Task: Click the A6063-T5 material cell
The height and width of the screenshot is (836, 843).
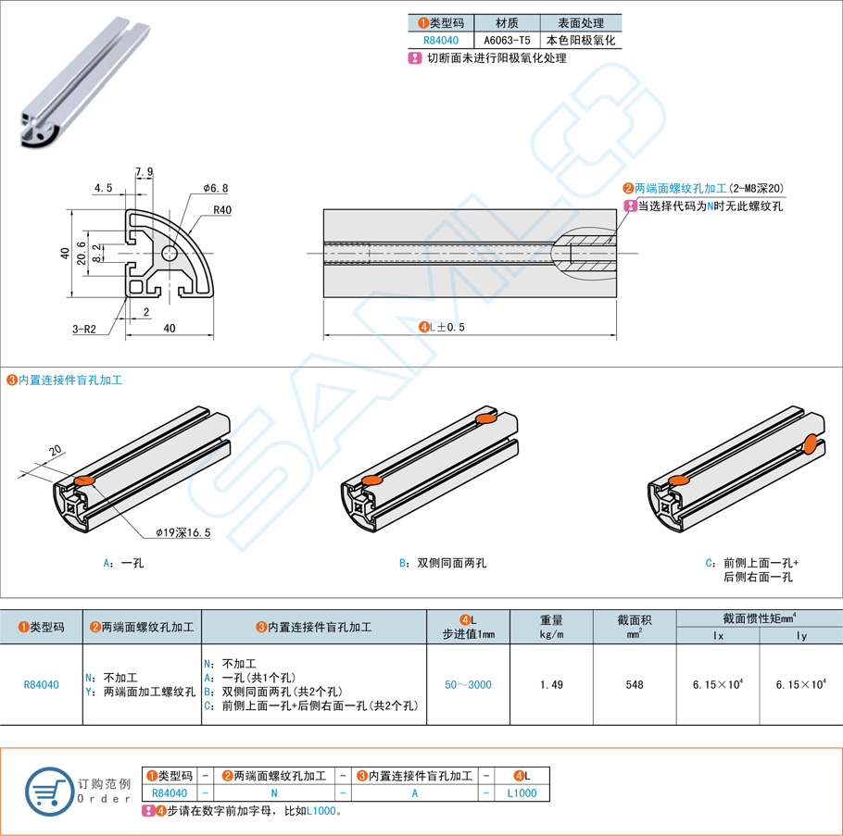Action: click(507, 41)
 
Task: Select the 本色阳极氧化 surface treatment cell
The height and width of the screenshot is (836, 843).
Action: click(581, 41)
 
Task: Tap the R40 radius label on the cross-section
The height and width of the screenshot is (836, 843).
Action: click(222, 210)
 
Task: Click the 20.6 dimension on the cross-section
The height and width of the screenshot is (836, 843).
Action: click(81, 252)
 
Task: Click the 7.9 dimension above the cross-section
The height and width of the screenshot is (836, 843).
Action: click(145, 172)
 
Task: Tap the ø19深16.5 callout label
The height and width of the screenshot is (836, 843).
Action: click(183, 532)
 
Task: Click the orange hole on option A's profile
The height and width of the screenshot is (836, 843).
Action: click(82, 480)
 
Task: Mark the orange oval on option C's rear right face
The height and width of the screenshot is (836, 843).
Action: click(810, 444)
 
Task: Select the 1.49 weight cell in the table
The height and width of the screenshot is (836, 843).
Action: click(551, 685)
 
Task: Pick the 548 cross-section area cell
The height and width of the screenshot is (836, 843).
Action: click(635, 685)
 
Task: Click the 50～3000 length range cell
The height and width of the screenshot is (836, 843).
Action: click(468, 685)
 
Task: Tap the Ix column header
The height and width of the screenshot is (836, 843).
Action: click(719, 637)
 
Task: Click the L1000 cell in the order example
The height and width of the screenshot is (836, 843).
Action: click(522, 793)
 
